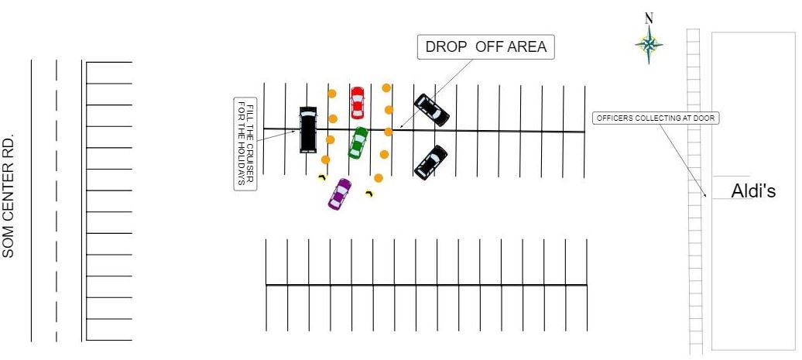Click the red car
coord(357,102)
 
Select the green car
coord(358,142)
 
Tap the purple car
coord(339,194)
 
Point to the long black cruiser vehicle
coord(308,129)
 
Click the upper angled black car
coord(432,110)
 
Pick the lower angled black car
coord(430,163)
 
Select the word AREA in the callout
coord(528,47)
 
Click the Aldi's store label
coord(753,190)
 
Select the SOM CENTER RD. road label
coord(10,199)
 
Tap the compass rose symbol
coord(649,46)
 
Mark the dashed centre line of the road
coord(57,201)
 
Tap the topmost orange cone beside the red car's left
coord(331,94)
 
